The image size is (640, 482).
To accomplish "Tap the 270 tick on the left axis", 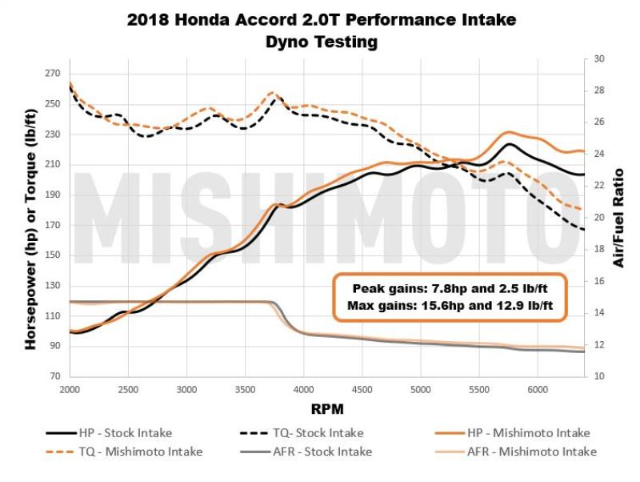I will (52, 74).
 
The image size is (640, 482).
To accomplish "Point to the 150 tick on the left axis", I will (52, 256).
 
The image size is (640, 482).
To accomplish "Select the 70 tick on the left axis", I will (55, 376).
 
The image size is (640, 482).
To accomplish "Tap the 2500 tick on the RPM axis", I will (128, 389).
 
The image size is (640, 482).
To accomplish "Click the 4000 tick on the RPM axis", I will (303, 389).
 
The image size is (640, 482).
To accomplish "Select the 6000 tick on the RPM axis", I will (537, 389).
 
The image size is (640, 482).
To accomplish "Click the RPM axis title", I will (328, 409).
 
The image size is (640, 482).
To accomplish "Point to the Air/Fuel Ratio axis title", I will (619, 217).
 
